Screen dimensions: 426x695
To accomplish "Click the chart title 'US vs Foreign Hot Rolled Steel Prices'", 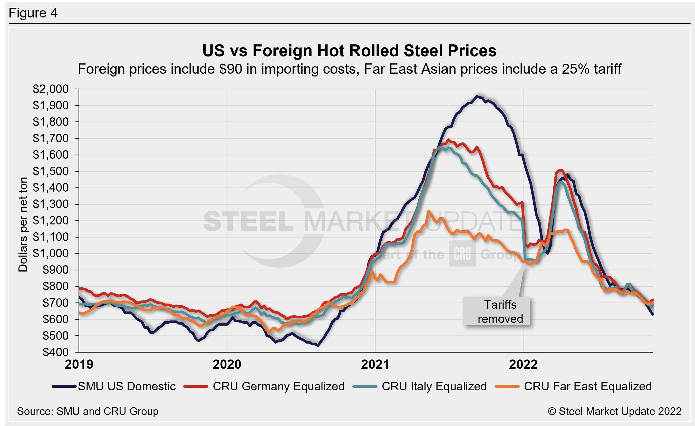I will click(x=349, y=51).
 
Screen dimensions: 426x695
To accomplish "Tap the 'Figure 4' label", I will click(x=33, y=13).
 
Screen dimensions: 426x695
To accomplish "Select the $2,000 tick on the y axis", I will click(x=51, y=89).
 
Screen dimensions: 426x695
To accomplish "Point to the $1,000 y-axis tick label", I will click(x=51, y=254).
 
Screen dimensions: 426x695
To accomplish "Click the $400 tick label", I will click(x=56, y=352).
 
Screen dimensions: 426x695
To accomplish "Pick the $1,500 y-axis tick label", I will click(x=51, y=171).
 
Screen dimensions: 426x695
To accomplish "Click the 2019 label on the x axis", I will click(x=79, y=364).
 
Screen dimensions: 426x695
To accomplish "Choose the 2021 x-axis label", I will click(x=375, y=364).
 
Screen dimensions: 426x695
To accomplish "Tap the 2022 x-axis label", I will click(x=523, y=364).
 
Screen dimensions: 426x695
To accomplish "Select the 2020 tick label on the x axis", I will click(x=227, y=364).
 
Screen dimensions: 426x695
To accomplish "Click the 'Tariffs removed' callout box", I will click(x=497, y=311).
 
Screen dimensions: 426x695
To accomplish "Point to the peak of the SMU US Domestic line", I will click(x=477, y=97).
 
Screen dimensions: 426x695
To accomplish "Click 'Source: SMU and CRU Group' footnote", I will click(x=88, y=411).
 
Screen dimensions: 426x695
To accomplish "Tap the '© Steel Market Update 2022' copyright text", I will click(x=615, y=411).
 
